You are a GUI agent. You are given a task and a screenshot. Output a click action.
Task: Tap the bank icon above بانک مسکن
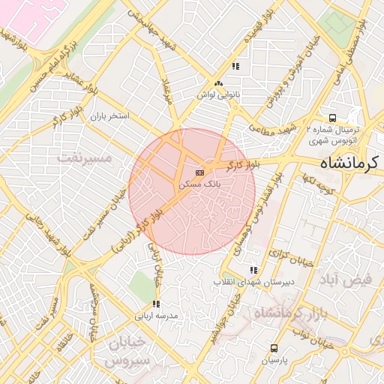pos(199,172)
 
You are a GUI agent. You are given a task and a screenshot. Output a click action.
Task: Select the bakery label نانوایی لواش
pos(217,94)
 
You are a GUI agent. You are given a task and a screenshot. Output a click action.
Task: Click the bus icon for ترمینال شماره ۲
pos(332,118)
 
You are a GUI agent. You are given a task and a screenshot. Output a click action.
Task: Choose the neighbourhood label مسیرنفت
pos(84,157)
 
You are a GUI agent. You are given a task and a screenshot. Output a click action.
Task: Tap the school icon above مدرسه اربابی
pos(156,304)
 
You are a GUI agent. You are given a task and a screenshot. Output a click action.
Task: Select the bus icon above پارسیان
pos(274,348)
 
